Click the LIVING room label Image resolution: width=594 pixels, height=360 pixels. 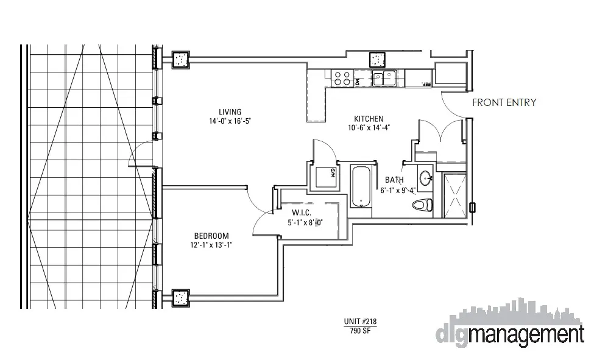point(230,111)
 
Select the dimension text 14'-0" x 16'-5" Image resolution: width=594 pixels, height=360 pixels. point(230,121)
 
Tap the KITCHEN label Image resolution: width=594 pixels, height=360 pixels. point(369,119)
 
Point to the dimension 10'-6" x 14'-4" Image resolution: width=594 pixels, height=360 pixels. point(369,128)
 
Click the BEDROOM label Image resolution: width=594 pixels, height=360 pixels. point(211,236)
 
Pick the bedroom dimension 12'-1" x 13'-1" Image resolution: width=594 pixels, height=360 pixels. point(211,245)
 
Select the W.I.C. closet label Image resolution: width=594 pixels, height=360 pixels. point(302,213)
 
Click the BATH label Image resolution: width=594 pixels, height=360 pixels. point(395,180)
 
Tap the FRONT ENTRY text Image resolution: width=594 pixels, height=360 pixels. point(504,103)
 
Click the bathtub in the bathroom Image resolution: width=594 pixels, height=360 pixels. point(361,186)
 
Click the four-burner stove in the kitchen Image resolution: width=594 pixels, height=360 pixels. point(342,78)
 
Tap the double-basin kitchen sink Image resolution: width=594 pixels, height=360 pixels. point(385,77)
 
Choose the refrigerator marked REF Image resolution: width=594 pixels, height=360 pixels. point(419,78)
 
